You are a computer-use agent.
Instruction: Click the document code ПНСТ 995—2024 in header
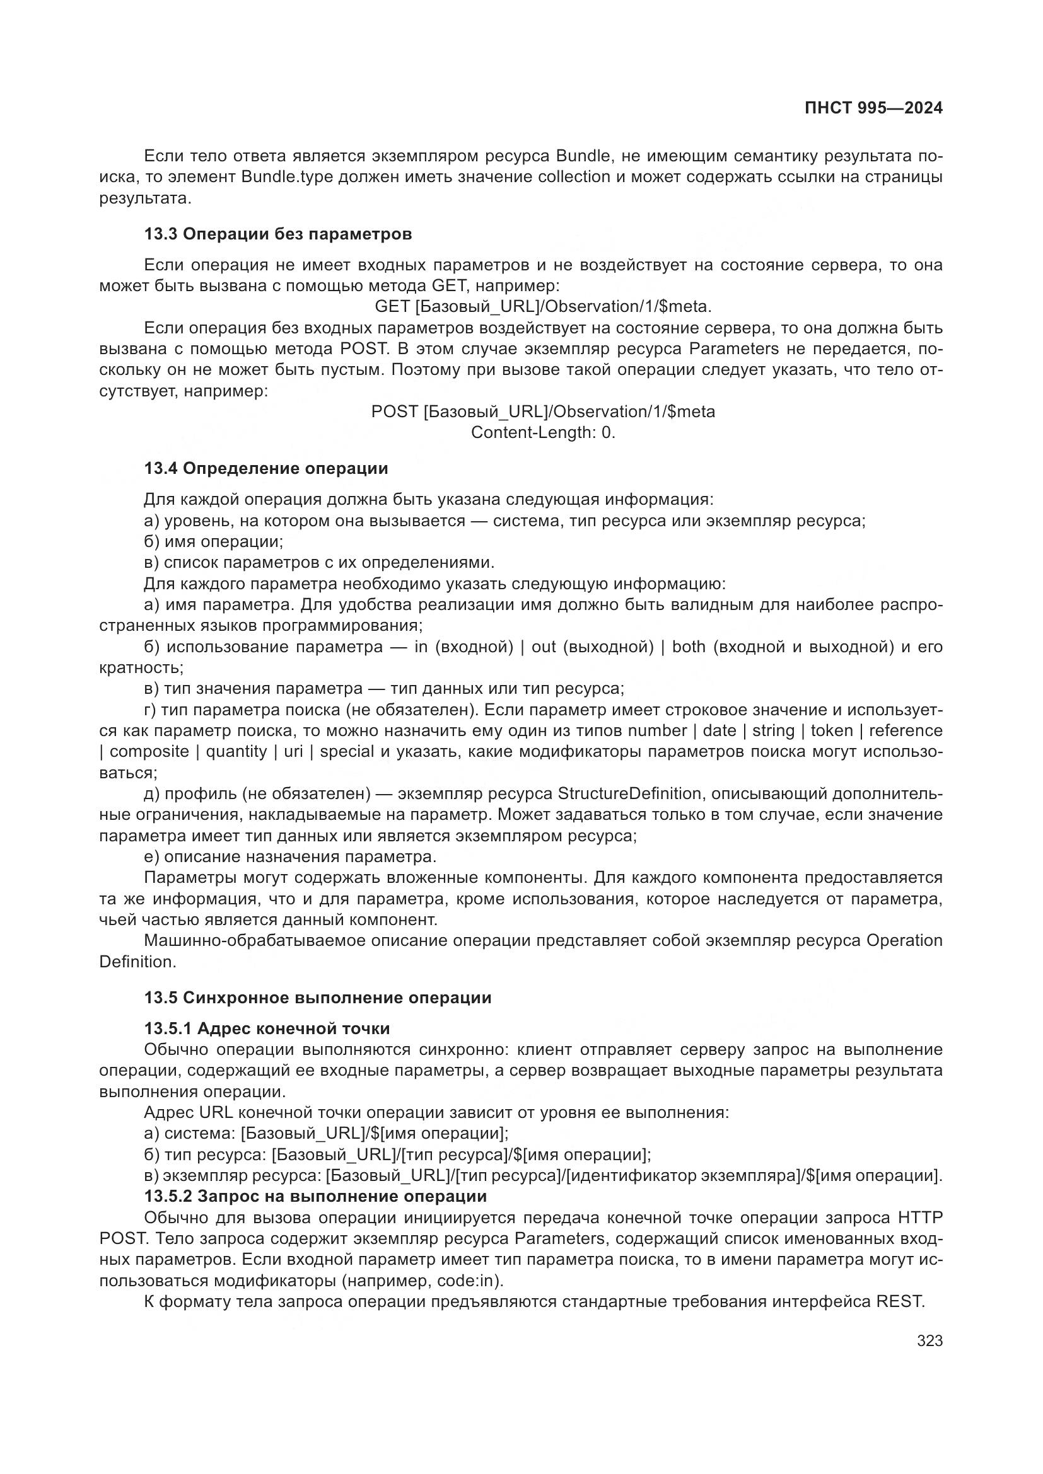[x=873, y=108]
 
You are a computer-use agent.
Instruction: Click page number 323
[x=929, y=1340]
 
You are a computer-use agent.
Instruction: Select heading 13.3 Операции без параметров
[x=277, y=234]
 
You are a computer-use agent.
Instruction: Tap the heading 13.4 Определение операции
[x=266, y=469]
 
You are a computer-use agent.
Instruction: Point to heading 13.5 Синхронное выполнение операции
[x=317, y=998]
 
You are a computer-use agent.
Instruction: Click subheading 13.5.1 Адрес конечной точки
[x=267, y=1028]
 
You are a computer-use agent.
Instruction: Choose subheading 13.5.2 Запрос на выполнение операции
[x=315, y=1196]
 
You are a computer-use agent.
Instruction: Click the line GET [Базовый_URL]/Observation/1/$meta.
[x=543, y=307]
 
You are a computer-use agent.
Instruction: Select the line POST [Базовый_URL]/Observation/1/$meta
[x=543, y=412]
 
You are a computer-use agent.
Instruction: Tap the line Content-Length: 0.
[x=543, y=433]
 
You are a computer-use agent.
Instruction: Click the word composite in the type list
[x=149, y=752]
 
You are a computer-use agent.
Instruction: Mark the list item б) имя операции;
[x=213, y=542]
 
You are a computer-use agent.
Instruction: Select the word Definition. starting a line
[x=137, y=962]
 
